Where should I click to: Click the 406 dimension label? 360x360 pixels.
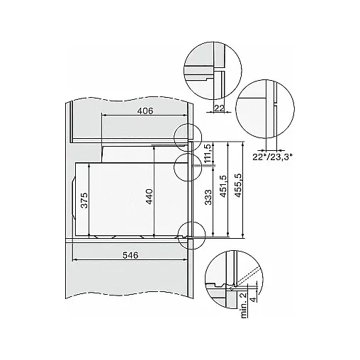click(145, 111)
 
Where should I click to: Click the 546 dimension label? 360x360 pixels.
click(130, 255)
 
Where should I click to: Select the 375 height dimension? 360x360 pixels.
click(84, 201)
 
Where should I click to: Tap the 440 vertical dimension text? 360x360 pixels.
click(150, 196)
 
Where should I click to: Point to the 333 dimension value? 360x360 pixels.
click(208, 197)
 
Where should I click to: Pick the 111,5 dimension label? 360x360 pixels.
click(208, 153)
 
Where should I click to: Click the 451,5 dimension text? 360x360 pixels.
click(223, 186)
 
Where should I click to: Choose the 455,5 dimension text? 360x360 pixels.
click(238, 185)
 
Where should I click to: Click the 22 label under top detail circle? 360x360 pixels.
click(219, 108)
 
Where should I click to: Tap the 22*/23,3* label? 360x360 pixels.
click(273, 157)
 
